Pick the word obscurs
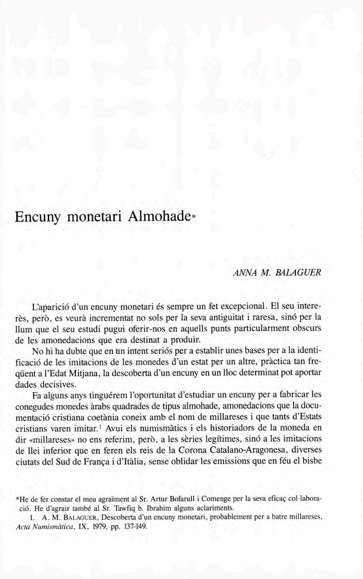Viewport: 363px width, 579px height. pyautogui.click(x=306, y=328)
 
